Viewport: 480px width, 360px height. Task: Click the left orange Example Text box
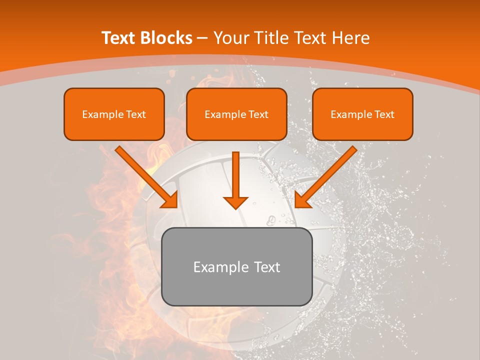(x=114, y=114)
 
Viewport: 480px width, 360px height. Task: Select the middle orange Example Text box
(x=236, y=114)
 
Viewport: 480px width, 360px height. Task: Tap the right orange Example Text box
(x=362, y=114)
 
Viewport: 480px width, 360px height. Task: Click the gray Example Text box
(x=236, y=266)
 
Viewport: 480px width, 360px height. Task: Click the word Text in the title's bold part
(x=118, y=38)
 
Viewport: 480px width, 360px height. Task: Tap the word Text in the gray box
(x=266, y=267)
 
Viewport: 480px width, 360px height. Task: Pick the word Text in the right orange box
(x=384, y=114)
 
